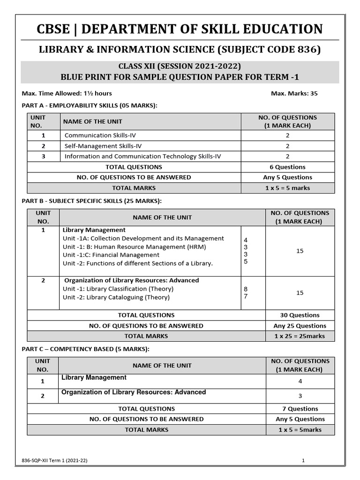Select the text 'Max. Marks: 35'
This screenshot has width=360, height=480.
click(294, 93)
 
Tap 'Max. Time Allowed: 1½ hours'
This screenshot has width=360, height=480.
click(67, 93)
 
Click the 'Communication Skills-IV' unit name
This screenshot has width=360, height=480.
click(100, 135)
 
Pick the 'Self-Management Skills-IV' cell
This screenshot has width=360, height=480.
click(104, 146)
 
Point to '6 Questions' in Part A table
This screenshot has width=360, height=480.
click(287, 167)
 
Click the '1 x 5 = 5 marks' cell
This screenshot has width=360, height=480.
click(287, 188)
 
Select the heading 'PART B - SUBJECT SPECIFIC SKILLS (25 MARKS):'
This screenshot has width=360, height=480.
click(92, 201)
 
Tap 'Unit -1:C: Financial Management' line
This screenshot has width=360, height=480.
click(111, 255)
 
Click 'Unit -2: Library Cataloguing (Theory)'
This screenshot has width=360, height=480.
click(116, 297)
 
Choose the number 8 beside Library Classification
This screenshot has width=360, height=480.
click(246, 289)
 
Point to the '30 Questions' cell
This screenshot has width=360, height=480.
click(300, 315)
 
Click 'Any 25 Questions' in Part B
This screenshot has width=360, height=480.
click(300, 326)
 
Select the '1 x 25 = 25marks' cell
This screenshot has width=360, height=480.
click(300, 336)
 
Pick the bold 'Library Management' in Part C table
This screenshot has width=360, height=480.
click(94, 377)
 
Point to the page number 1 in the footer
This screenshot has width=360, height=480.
click(303, 461)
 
